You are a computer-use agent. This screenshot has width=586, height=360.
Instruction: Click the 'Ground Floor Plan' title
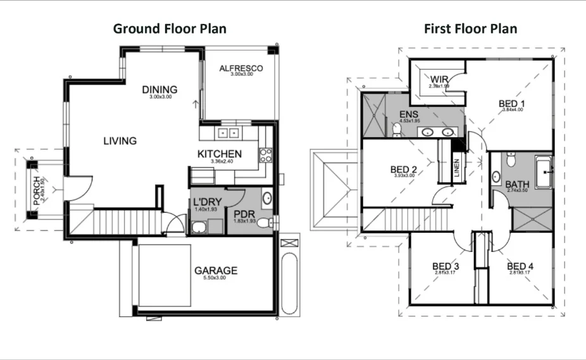coord(169,28)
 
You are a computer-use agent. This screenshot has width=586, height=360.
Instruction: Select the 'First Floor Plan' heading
coord(471,28)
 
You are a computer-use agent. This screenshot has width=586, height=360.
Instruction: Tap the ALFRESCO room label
coord(240,68)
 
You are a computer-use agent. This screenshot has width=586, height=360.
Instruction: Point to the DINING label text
coord(159,89)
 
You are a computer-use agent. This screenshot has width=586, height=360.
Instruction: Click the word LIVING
coord(120,140)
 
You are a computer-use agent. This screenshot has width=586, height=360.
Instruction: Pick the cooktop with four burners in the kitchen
coord(265,155)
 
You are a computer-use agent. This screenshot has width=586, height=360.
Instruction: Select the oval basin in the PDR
coord(267,198)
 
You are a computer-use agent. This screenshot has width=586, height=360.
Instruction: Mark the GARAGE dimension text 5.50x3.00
coord(216,278)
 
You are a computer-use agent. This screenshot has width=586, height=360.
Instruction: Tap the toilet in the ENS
coord(396,130)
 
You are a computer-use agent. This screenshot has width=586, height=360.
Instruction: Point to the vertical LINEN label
coord(456,170)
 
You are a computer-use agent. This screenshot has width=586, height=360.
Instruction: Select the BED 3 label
coord(446,266)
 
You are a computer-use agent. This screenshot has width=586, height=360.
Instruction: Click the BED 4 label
coord(520,266)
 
